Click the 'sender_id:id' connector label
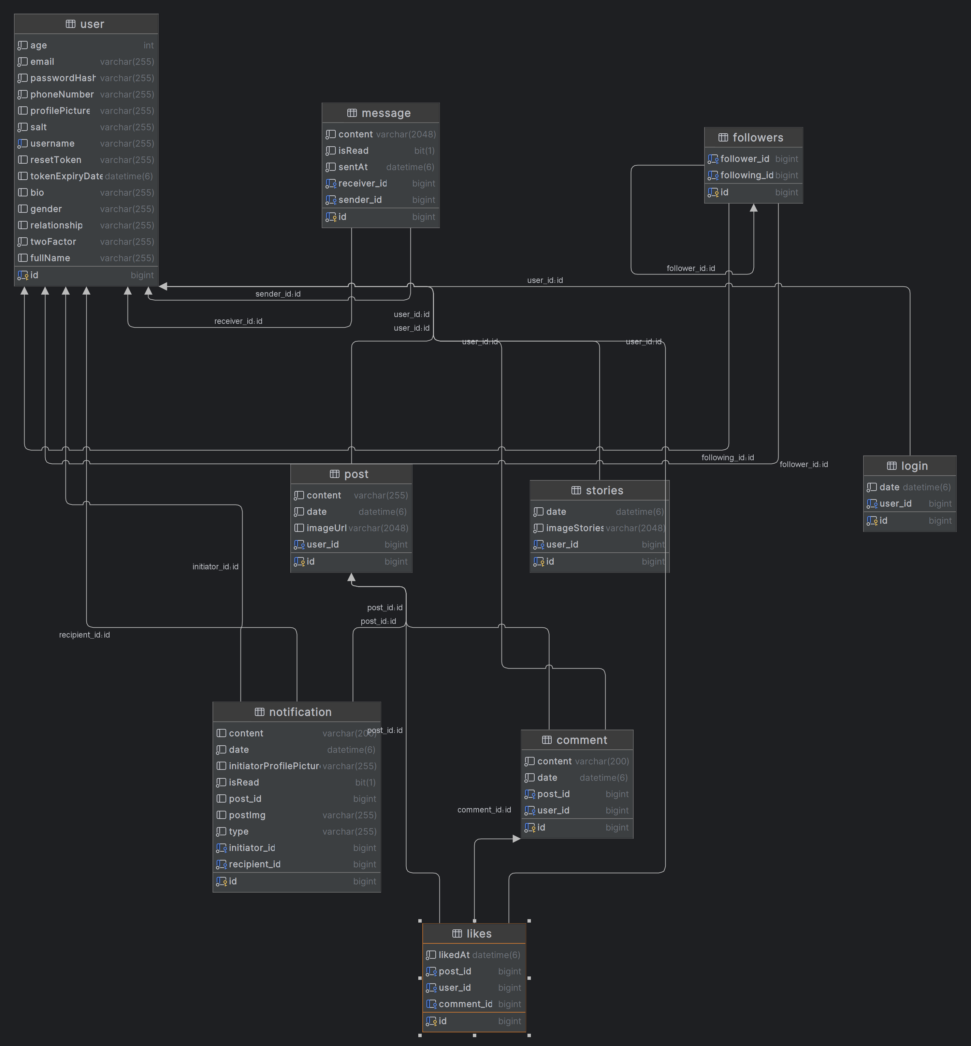tap(278, 294)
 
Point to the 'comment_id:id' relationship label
tap(484, 810)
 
